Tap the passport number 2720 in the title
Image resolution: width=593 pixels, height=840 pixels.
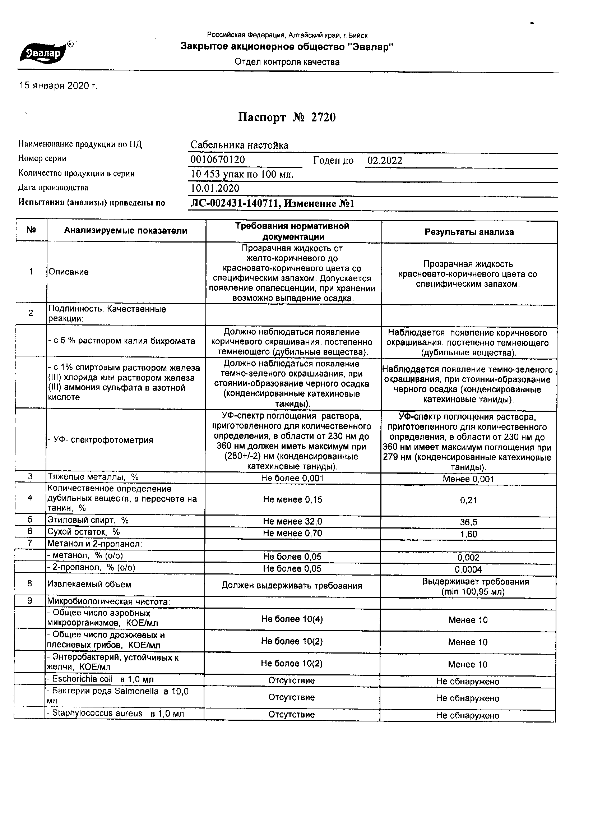point(323,117)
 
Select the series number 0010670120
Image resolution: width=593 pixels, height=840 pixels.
point(218,160)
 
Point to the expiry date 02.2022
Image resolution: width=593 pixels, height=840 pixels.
point(385,161)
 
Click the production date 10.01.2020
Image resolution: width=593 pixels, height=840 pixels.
point(215,188)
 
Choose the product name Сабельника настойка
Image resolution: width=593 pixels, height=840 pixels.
point(239,145)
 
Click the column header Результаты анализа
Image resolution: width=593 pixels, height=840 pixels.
point(469,232)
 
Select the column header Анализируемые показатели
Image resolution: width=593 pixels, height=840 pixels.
point(126,231)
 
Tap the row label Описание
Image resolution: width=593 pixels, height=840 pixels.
point(68,272)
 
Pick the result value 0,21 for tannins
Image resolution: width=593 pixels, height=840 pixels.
point(469,500)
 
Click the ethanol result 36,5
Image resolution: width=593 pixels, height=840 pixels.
point(469,522)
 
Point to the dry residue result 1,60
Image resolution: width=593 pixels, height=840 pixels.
point(469,534)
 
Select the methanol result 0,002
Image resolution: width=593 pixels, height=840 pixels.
point(468,558)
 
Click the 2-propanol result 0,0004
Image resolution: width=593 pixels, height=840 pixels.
point(468,569)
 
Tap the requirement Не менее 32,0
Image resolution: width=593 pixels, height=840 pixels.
point(293,521)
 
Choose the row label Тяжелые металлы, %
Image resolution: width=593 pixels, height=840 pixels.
point(93,477)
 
